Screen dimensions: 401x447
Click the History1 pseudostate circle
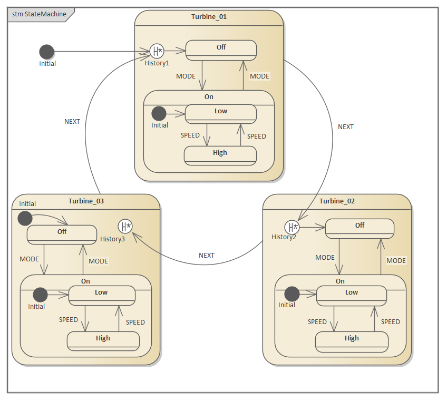(x=156, y=51)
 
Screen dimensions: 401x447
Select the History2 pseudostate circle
(x=291, y=227)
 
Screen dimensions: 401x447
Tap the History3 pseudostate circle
(x=125, y=227)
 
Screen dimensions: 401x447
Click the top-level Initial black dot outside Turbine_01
(x=47, y=52)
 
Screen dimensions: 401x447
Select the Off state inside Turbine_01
(x=221, y=50)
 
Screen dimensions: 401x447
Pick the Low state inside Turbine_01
(x=220, y=114)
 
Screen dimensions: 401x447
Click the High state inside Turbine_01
(x=220, y=155)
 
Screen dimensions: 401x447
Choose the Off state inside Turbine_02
(x=359, y=228)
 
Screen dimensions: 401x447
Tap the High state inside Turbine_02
(x=352, y=341)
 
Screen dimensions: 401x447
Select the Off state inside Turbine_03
(x=62, y=234)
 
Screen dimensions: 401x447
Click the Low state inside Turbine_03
(x=101, y=295)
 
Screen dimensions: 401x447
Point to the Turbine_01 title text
(x=209, y=16)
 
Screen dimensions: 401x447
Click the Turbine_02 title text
(x=337, y=201)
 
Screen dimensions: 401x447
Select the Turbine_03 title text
(x=86, y=201)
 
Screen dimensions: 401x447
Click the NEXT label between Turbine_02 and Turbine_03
(x=207, y=255)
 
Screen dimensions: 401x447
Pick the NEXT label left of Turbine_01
(x=72, y=121)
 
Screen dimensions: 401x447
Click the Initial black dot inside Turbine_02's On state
(x=291, y=294)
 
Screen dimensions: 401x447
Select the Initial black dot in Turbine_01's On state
(x=159, y=113)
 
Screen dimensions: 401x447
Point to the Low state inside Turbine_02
(x=352, y=295)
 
